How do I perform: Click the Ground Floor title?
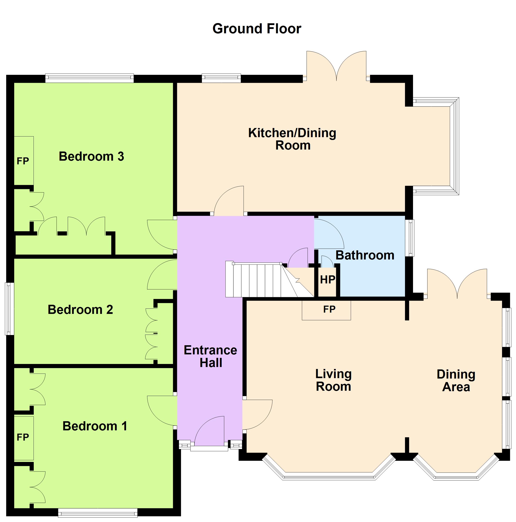[256, 29]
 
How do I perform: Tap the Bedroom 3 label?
[91, 157]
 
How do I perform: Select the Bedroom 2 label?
[80, 310]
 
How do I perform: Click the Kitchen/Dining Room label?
[292, 139]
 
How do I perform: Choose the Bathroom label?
[365, 255]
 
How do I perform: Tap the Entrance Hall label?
[210, 356]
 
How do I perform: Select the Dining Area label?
[456, 381]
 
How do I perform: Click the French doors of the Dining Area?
[457, 284]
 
